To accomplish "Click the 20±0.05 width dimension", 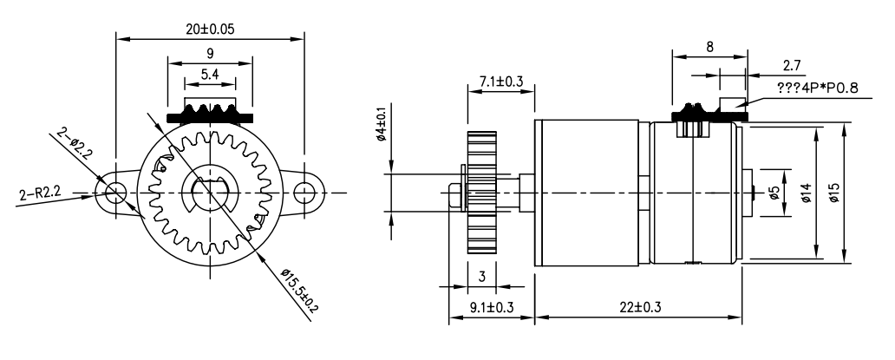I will click(x=210, y=29).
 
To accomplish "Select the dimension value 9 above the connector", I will click(x=210, y=53).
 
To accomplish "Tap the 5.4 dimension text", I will click(x=210, y=75).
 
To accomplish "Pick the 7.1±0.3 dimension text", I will click(x=500, y=81).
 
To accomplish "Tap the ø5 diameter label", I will click(x=774, y=192).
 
